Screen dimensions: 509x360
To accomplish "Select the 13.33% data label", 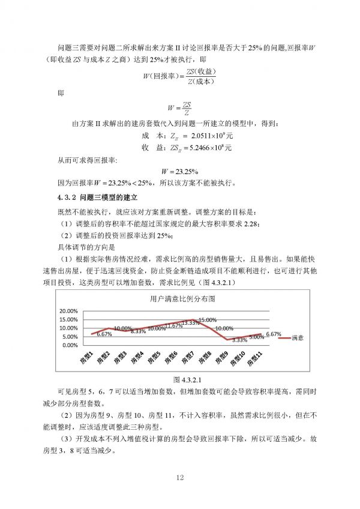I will click(190, 323).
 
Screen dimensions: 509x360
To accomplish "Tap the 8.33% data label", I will click(139, 331).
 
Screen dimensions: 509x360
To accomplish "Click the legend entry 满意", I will click(298, 338).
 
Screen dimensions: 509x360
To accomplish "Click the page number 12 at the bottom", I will click(179, 478).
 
